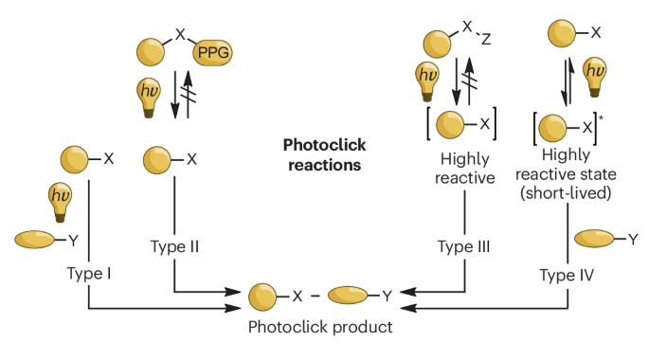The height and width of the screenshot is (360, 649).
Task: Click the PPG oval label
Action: (213, 52)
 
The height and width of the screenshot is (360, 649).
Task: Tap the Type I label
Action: (89, 274)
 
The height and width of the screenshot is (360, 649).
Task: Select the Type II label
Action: (174, 246)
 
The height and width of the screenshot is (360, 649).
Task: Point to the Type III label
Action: (464, 246)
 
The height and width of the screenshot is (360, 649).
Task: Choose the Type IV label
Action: (567, 275)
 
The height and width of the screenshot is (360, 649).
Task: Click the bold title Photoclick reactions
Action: (324, 154)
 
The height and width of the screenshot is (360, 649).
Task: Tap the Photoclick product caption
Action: (320, 327)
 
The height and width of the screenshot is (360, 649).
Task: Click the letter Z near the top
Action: (486, 39)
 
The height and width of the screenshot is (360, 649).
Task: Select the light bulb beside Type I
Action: (60, 203)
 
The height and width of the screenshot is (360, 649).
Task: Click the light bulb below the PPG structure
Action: (149, 99)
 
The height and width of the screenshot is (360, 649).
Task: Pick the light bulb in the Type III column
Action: (427, 81)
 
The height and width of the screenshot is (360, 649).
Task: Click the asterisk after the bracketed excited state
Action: (601, 118)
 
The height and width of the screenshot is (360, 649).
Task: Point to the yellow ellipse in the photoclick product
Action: (348, 296)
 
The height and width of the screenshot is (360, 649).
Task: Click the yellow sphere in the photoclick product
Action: (262, 297)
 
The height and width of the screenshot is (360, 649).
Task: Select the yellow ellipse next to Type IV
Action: (594, 239)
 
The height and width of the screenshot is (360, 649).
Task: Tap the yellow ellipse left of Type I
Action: (34, 240)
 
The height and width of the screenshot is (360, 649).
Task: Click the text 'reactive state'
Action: (566, 174)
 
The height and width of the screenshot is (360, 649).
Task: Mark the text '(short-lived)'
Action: (566, 193)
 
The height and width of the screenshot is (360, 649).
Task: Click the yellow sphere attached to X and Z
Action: (437, 44)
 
